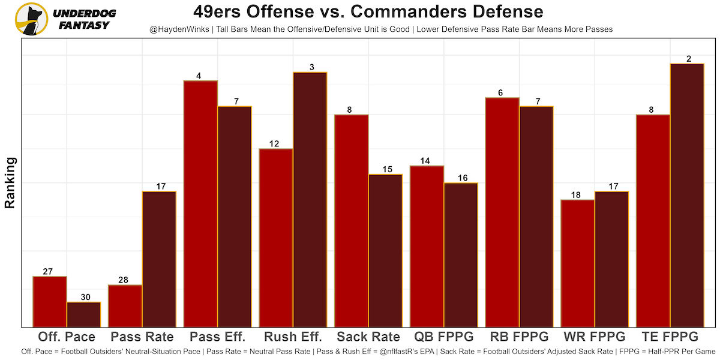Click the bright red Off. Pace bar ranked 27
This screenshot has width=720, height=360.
(50, 302)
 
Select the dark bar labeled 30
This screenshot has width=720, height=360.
(84, 314)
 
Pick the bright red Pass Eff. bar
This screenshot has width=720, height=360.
(200, 204)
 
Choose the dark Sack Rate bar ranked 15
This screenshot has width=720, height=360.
(385, 251)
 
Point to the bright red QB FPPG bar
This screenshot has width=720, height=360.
(427, 247)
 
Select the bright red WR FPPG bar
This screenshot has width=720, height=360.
(577, 263)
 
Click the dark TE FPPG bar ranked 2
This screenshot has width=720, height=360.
(687, 196)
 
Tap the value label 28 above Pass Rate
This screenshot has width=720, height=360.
(125, 280)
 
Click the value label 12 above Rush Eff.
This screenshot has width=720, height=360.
(275, 144)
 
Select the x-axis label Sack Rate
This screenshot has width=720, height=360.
(368, 337)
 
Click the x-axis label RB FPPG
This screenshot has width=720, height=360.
(519, 337)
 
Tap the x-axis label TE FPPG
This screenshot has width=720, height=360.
(670, 337)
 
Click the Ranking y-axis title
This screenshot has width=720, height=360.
(10, 182)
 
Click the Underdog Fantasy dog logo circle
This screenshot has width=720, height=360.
(31, 19)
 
